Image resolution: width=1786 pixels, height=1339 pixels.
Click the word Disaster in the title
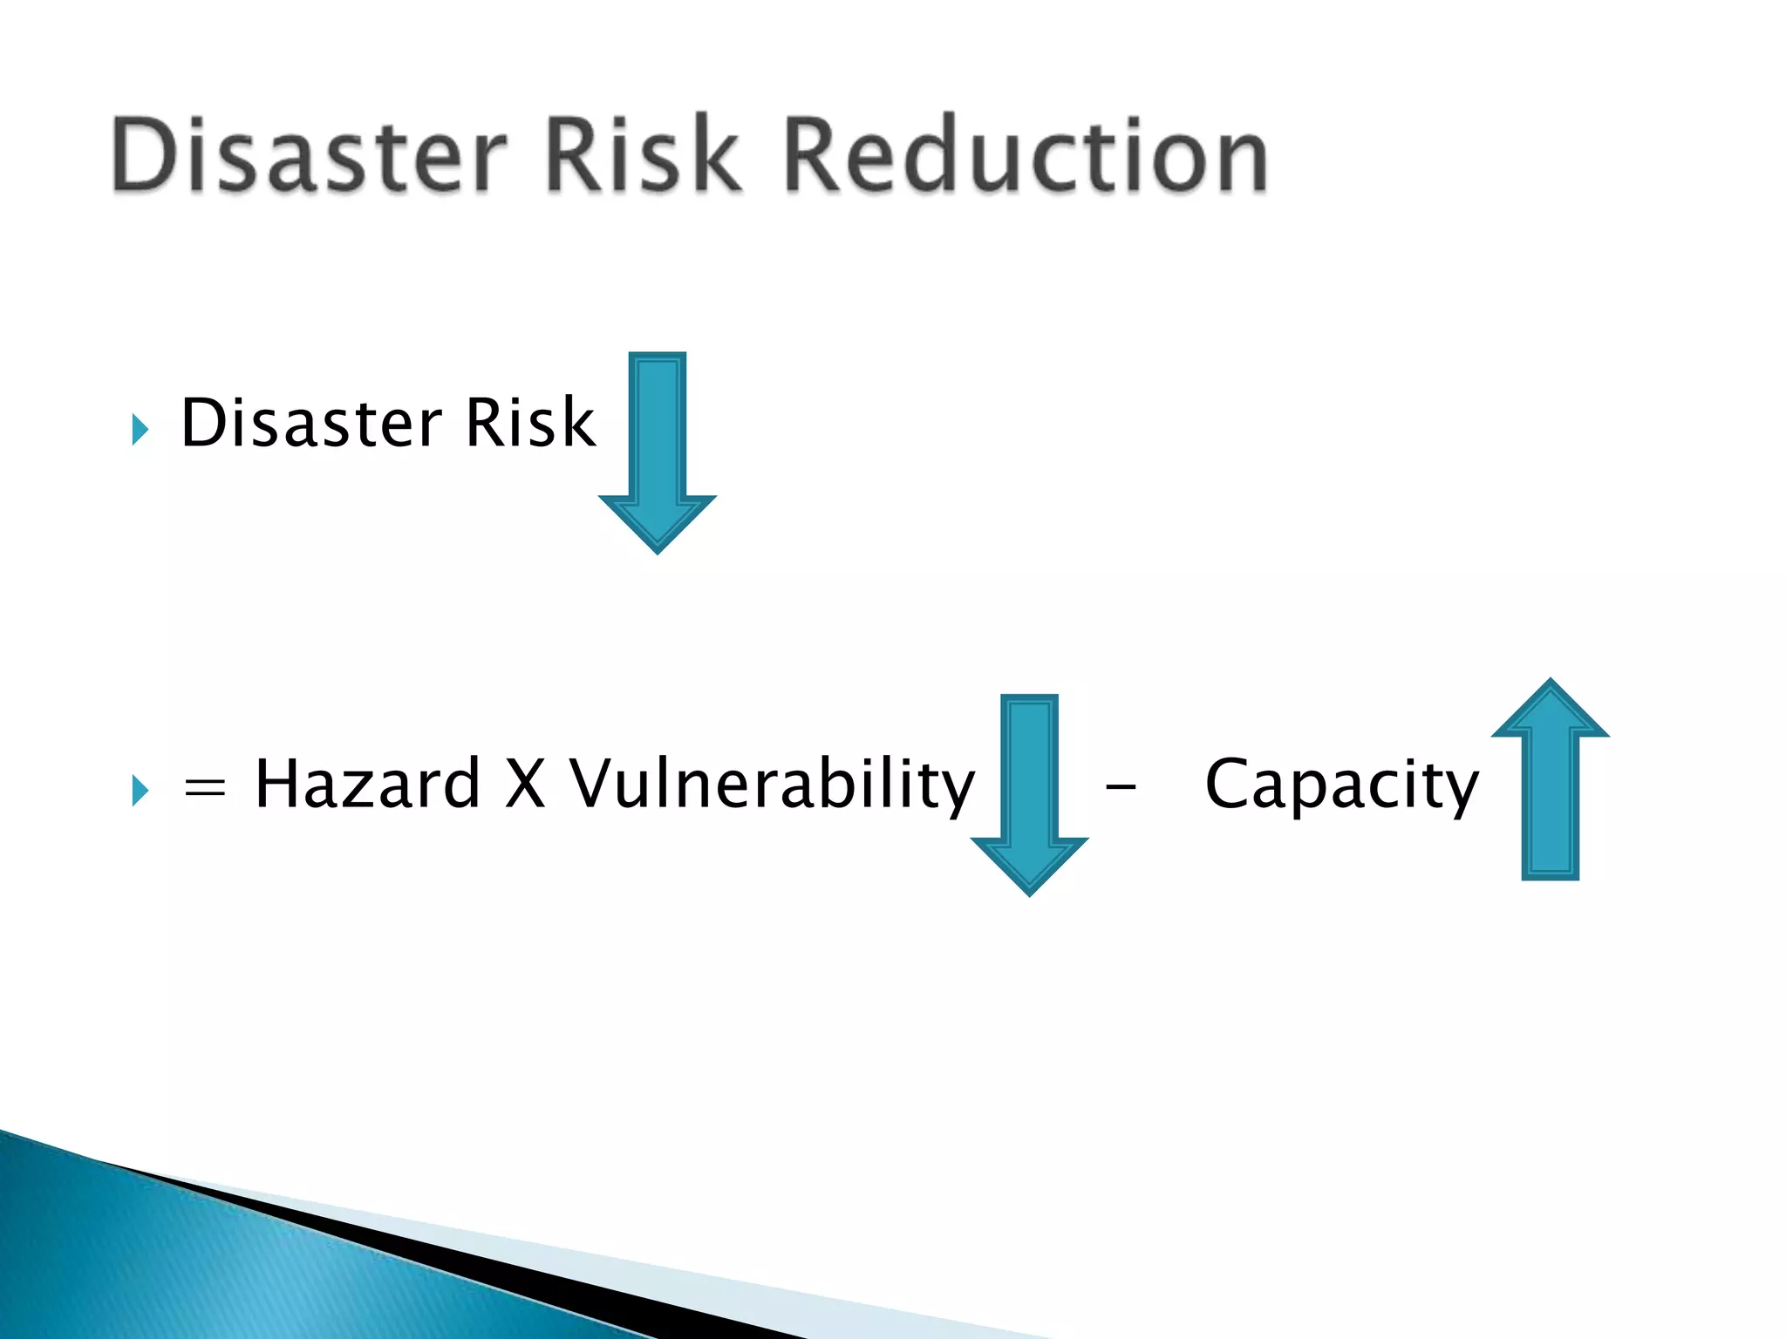click(x=310, y=155)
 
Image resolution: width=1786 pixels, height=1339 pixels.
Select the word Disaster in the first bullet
click(x=310, y=423)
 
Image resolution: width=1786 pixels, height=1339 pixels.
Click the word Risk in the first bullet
click(x=530, y=423)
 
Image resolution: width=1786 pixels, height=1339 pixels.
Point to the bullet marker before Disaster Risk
click(x=140, y=429)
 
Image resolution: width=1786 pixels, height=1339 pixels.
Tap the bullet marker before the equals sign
click(x=140, y=791)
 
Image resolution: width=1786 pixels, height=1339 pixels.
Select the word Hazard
click(x=367, y=783)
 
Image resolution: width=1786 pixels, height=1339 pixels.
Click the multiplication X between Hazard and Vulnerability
click(x=525, y=783)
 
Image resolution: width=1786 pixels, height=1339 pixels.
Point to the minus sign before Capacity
click(x=1121, y=788)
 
